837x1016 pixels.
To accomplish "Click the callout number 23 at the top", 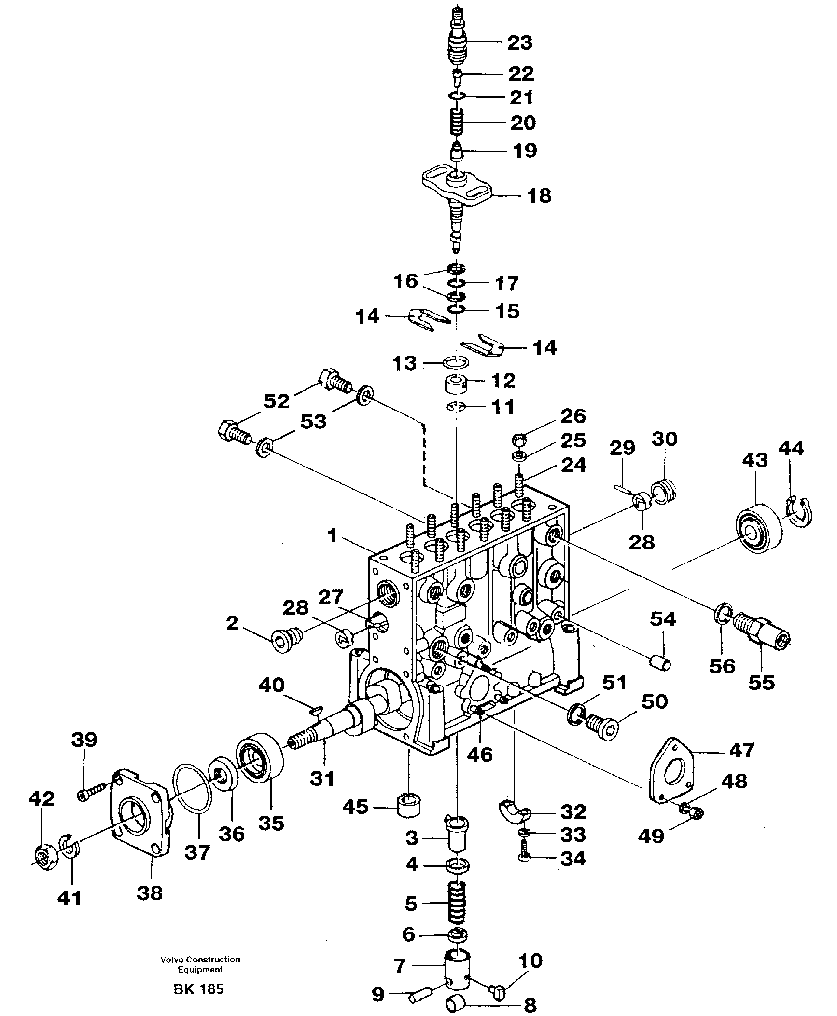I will [519, 42].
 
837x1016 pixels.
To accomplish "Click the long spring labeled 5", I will [456, 904].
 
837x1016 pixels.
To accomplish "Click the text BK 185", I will [199, 989].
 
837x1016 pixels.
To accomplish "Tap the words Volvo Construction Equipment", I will [200, 964].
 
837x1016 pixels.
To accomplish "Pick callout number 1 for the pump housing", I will [331, 535].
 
